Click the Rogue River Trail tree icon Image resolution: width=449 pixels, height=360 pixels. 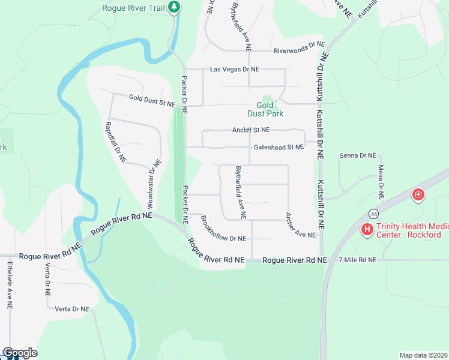pos(174,7)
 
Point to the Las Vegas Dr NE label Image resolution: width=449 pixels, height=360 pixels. pos(235,70)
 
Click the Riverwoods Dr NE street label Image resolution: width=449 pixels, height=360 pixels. pos(299,51)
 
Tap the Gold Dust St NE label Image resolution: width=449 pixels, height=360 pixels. pos(152,100)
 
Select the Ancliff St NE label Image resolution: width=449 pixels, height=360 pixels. pos(251,130)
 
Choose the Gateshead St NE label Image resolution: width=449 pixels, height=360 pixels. pos(279,146)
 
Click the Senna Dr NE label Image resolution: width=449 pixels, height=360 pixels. pos(357,155)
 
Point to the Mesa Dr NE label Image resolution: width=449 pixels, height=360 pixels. pos(381,182)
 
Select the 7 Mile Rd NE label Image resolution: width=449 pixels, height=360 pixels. pos(357,260)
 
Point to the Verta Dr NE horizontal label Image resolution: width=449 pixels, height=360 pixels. pos(71,309)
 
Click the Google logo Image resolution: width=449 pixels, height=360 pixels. pos(19,353)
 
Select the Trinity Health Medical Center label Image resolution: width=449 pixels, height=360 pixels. pos(408,231)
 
